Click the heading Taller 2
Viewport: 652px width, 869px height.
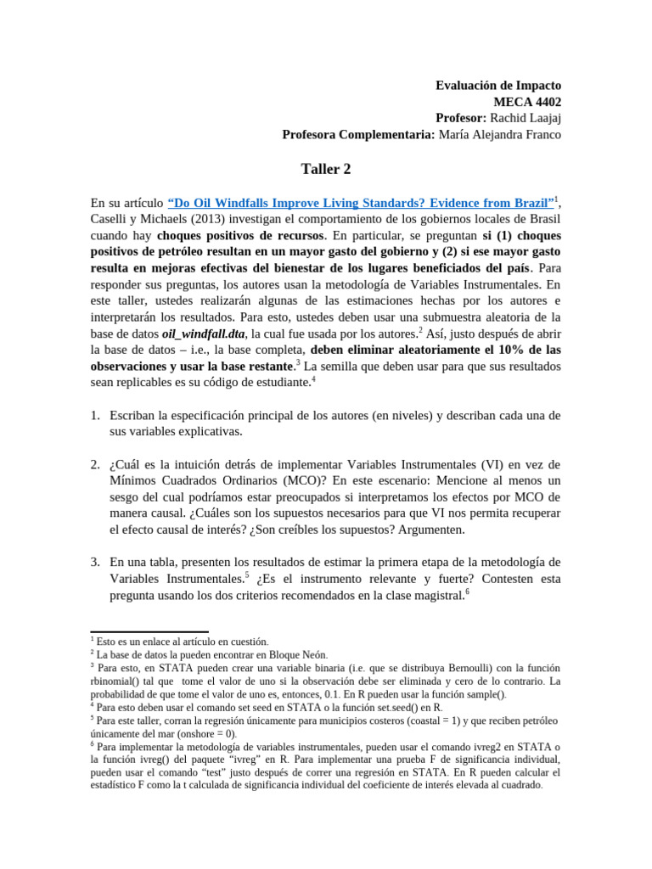[325, 169]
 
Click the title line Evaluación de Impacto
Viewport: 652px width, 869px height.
[498, 86]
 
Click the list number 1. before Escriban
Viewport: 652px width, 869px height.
[96, 415]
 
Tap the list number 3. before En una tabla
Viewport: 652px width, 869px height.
[96, 562]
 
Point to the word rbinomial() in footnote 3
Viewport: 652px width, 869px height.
[118, 681]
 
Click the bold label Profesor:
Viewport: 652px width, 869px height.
[459, 118]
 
